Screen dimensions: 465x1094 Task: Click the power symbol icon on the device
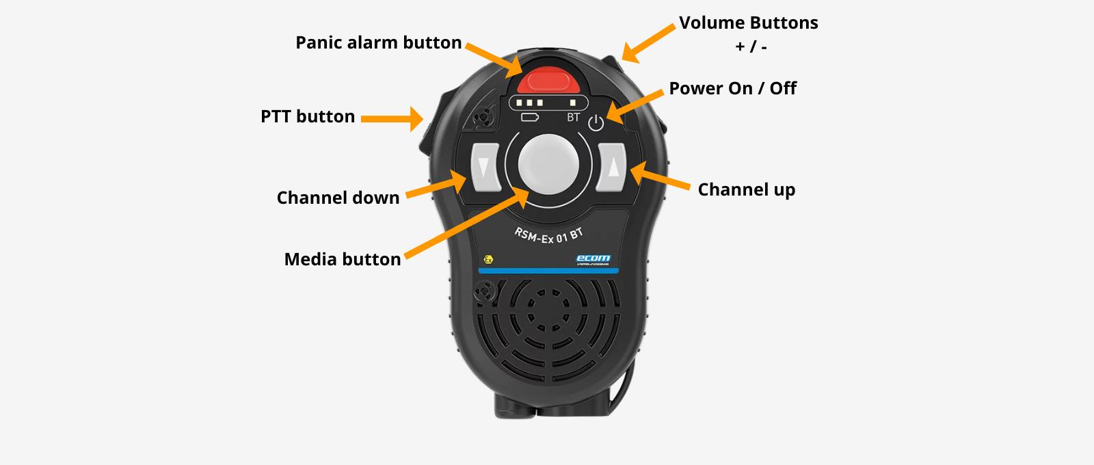pyautogui.click(x=596, y=124)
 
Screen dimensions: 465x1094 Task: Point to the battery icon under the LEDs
pyautogui.click(x=530, y=118)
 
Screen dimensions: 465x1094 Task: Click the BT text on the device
pyautogui.click(x=574, y=118)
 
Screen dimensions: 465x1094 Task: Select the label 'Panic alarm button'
pyautogui.click(x=378, y=42)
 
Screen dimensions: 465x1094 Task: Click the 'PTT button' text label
pyautogui.click(x=308, y=116)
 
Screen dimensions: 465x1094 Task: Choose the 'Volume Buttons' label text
pyautogui.click(x=748, y=23)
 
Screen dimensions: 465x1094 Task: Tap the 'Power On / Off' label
pyautogui.click(x=732, y=88)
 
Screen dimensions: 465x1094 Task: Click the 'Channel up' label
pyautogui.click(x=746, y=189)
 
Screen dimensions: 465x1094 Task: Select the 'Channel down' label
pyautogui.click(x=338, y=198)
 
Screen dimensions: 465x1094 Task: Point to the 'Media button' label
pyautogui.click(x=342, y=259)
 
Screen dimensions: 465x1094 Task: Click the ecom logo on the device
pyautogui.click(x=593, y=258)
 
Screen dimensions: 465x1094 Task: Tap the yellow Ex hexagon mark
pyautogui.click(x=488, y=260)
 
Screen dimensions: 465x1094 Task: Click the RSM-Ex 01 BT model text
pyautogui.click(x=549, y=236)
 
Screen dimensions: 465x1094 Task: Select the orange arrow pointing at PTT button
pyautogui.click(x=392, y=119)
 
